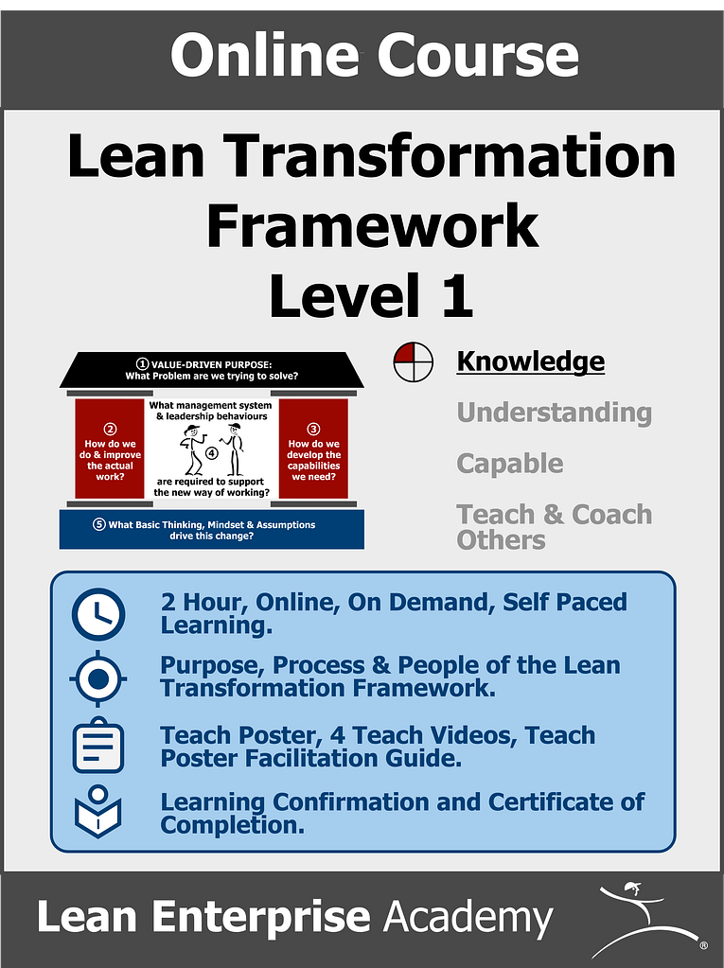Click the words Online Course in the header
pos(374,54)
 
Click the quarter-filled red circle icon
pos(413,362)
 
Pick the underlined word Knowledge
pos(530,361)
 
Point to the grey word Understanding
pos(554,413)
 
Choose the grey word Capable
pos(509,464)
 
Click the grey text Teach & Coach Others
pos(554,527)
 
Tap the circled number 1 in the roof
pos(143,363)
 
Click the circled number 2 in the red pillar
pos(110,428)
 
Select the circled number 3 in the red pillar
pos(314,429)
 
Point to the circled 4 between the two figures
pos(211,453)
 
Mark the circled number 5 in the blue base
pos(99,524)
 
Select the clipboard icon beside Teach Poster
pos(98,746)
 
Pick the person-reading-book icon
pos(98,811)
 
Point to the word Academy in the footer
pos(468,918)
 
